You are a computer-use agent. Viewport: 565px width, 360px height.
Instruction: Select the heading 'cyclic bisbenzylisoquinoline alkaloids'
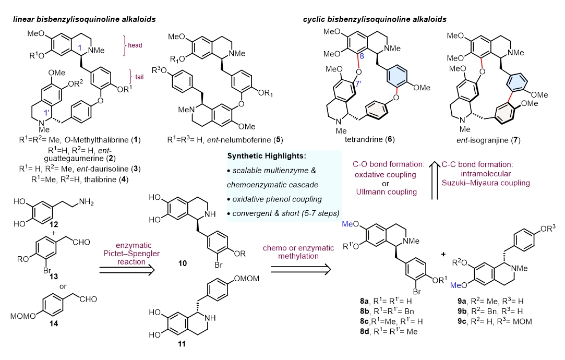[375, 20]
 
